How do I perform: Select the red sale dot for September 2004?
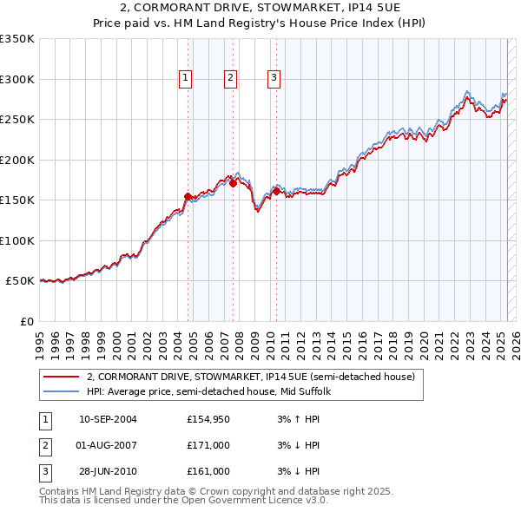188,197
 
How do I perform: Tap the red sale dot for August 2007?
233,183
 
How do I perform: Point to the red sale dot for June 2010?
276,192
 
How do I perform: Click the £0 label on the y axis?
26,321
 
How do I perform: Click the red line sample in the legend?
61,377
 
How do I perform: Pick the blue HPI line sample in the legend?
61,391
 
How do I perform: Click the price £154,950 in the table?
208,419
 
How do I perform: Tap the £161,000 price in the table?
208,471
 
